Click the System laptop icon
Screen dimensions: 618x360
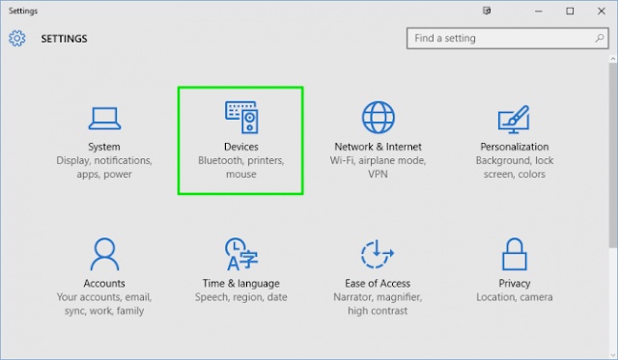coord(103,118)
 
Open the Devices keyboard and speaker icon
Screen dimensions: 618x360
coord(241,117)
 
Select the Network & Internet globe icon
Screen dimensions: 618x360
coord(379,117)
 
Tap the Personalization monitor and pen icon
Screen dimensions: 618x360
coord(515,118)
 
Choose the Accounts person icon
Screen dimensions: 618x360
coord(103,255)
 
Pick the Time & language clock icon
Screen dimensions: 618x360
coord(240,255)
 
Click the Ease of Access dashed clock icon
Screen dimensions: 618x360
coord(378,255)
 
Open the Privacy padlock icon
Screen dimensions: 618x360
coord(515,255)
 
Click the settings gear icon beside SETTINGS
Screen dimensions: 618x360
coord(16,39)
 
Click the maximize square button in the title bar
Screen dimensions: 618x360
coord(570,11)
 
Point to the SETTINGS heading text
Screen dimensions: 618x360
coord(64,40)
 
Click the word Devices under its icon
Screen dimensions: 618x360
coord(240,147)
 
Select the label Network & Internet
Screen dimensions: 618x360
coord(379,147)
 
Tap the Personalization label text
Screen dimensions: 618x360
coord(515,147)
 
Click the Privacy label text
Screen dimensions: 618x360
coord(515,284)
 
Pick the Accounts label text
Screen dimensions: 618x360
coord(103,284)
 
